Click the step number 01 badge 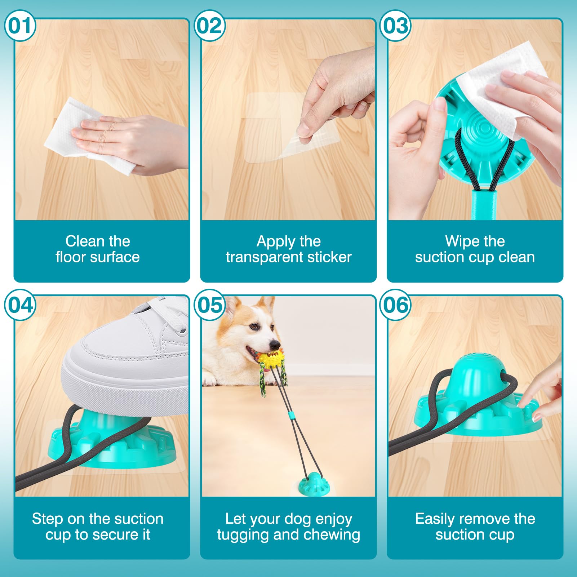pos(20,26)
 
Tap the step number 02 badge pos(210,26)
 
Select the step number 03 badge pos(396,26)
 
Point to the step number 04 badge pos(20,305)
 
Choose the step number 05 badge pos(210,305)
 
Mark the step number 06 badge pos(396,305)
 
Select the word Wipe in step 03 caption pos(459,241)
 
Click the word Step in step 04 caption pos(48,519)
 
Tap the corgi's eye pos(254,327)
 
